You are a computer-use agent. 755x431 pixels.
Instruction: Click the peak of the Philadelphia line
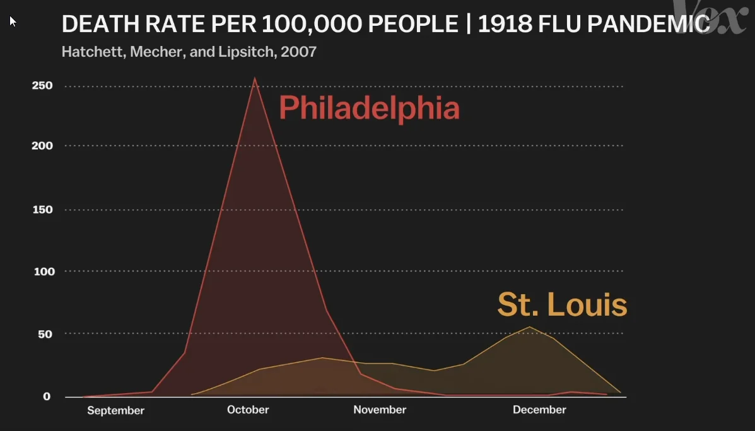tap(254, 79)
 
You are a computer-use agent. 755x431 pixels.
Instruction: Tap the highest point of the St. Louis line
tap(530, 327)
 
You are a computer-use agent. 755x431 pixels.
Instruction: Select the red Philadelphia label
tap(369, 108)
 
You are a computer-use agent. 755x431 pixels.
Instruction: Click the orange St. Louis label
tap(562, 305)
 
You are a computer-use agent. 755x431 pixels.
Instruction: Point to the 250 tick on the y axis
tap(42, 86)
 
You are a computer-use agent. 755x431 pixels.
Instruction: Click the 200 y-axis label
tap(42, 146)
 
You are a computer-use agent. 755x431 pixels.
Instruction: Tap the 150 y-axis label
tap(42, 210)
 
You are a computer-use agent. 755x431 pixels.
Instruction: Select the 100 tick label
tap(42, 272)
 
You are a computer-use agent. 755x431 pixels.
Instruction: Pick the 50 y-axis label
tap(44, 333)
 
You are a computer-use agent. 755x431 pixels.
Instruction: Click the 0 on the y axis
tap(47, 396)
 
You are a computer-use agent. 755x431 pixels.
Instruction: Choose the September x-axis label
tap(115, 411)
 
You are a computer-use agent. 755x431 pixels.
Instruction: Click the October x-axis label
tap(248, 410)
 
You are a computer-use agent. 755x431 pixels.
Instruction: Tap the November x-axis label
tap(380, 410)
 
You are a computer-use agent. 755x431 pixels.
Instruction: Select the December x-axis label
tap(539, 410)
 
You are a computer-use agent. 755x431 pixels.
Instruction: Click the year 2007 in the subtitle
tap(298, 52)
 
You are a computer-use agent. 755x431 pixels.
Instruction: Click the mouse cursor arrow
tap(13, 21)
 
